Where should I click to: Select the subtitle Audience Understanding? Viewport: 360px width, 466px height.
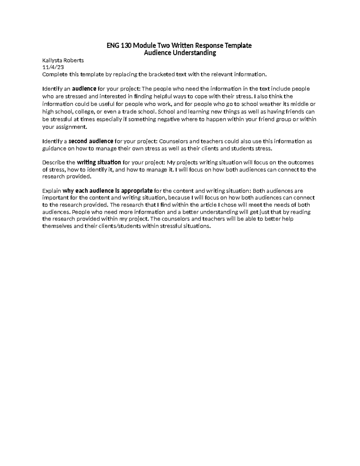180,53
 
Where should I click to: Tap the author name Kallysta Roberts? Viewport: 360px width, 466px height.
63,60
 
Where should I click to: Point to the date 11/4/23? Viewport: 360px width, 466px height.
53,68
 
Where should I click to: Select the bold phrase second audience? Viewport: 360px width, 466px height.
91,141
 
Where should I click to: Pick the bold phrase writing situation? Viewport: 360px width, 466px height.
99,162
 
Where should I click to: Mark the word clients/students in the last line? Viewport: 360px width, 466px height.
118,226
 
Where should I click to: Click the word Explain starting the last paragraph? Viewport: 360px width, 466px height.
52,191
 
